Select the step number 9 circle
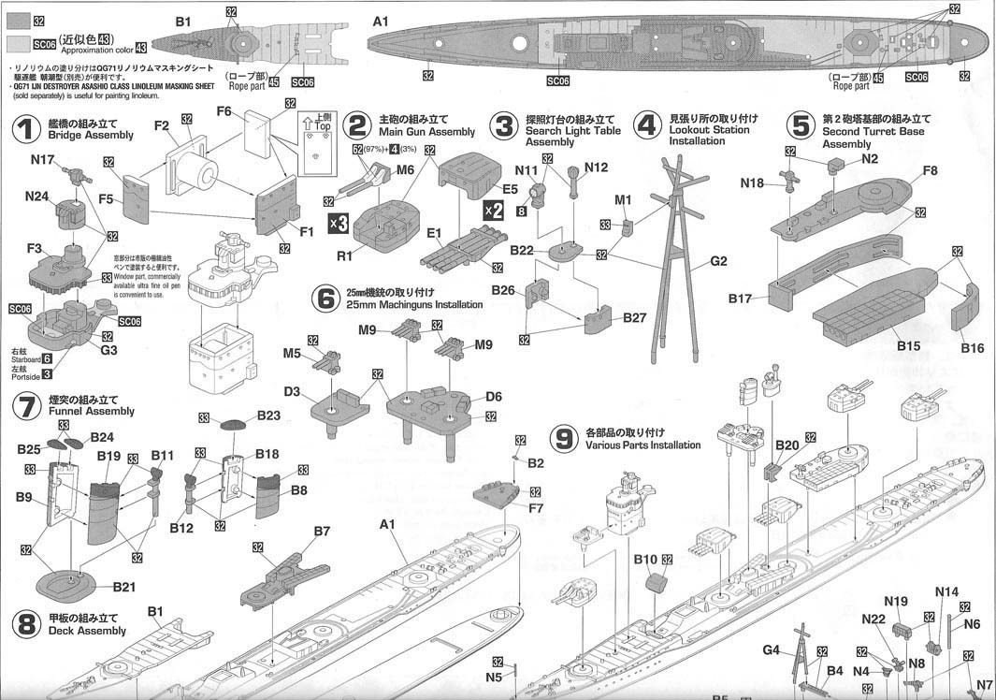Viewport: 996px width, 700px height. coord(562,439)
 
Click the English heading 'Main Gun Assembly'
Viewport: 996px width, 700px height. coord(426,133)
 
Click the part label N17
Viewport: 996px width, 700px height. coord(42,160)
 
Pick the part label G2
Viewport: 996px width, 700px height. coord(718,261)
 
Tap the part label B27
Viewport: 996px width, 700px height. coord(635,318)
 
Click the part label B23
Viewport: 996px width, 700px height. coord(268,416)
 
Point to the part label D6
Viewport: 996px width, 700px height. coord(494,397)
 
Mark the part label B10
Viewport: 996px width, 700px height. coord(645,559)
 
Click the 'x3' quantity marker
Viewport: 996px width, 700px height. coord(339,223)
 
